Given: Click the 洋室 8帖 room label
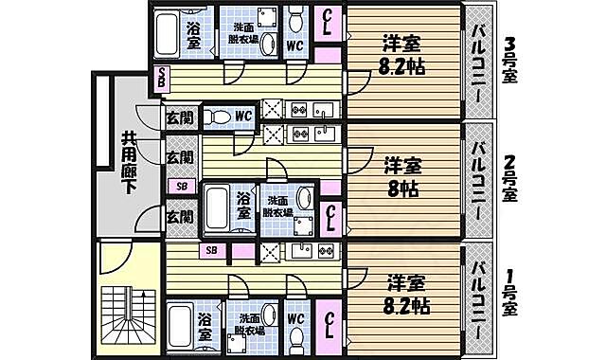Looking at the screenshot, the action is [x=402, y=174].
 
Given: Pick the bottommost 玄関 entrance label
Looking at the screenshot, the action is [x=180, y=217].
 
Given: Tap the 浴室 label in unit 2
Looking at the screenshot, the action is [x=243, y=207].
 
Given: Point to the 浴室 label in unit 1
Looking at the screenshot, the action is [x=205, y=327].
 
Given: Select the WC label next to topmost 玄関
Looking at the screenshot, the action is [x=243, y=117].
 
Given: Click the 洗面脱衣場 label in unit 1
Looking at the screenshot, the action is [x=250, y=326].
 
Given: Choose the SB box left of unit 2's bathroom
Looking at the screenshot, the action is [x=181, y=187].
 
